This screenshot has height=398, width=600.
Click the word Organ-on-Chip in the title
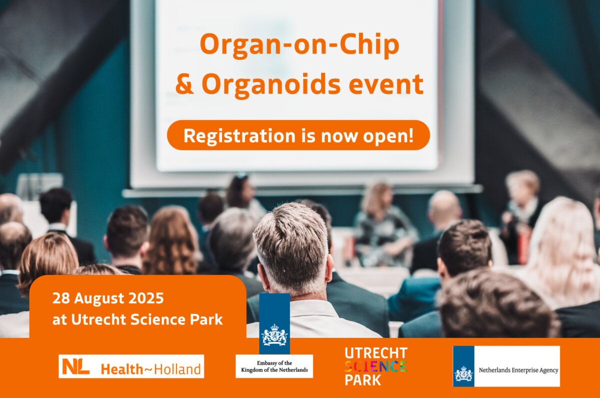point(299,45)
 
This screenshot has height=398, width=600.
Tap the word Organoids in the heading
point(271,85)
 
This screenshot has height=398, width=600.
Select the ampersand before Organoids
point(184,84)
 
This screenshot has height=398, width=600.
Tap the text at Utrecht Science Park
point(137,319)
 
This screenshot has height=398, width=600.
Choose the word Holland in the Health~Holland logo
point(177,369)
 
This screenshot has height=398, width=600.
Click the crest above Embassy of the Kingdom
point(274,334)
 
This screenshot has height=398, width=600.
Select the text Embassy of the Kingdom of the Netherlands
point(274,366)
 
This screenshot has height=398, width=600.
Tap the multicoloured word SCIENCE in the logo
point(375,366)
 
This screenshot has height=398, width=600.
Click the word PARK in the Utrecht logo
point(363,380)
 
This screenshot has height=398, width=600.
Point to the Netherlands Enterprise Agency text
point(518,370)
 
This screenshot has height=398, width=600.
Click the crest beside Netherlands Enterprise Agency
point(463,373)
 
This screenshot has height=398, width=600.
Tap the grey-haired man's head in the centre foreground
point(290,247)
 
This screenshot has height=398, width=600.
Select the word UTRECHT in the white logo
point(376,353)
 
